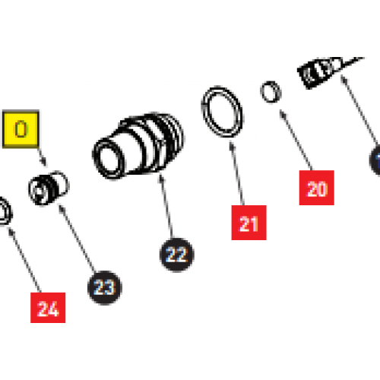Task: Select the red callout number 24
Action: (x=48, y=309)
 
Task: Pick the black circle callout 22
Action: (x=176, y=255)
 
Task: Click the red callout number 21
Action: (x=249, y=223)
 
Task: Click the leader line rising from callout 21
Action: (x=239, y=175)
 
